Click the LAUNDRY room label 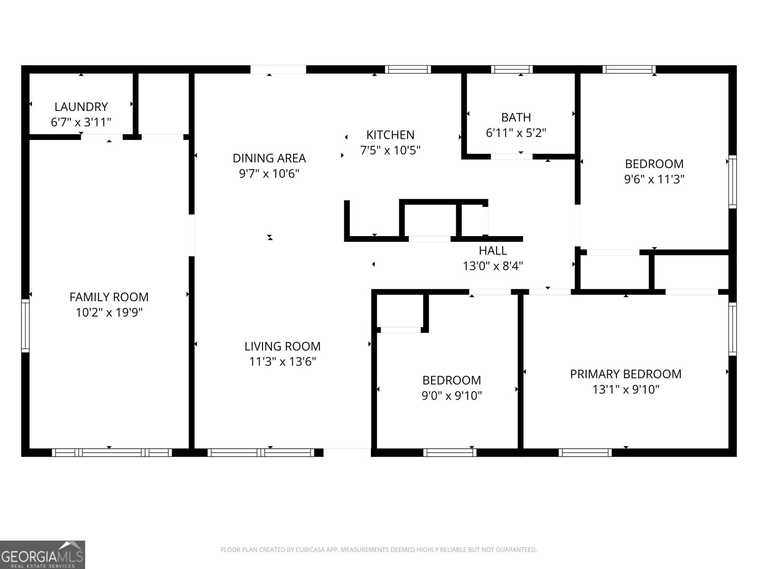click(81, 107)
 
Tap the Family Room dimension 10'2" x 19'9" click(109, 312)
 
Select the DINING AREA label click(269, 158)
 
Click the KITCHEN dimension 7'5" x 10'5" click(390, 150)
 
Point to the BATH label click(516, 117)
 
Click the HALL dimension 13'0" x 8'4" click(493, 266)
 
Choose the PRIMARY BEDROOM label click(625, 374)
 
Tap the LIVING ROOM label click(282, 346)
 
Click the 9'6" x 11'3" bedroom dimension click(654, 179)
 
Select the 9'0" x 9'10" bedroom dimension click(451, 395)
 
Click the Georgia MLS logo click(43, 554)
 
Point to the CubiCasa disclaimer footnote click(379, 550)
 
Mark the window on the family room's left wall click(25, 325)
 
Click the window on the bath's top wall click(512, 69)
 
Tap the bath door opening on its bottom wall click(512, 156)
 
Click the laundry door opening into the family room click(102, 137)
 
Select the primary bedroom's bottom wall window click(585, 452)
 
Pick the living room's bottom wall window click(261, 452)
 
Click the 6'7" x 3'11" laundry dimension click(81, 122)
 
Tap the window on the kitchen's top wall click(407, 69)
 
